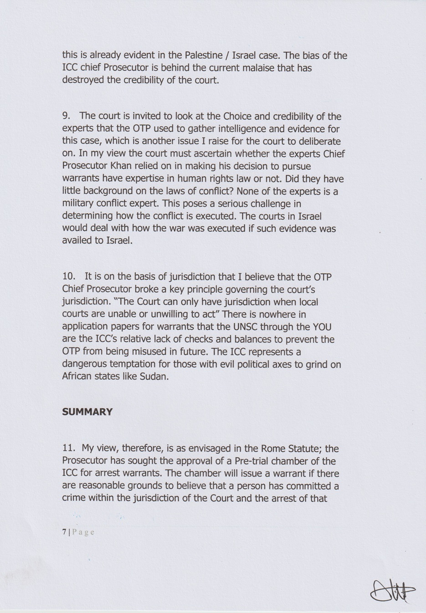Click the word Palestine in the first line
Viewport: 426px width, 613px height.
204,56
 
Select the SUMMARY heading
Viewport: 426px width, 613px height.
87,412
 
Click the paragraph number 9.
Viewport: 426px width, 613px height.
67,117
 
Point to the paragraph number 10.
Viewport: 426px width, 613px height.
69,277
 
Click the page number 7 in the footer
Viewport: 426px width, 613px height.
64,532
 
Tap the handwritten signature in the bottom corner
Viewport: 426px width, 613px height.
392,592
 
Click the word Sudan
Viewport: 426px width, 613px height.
154,377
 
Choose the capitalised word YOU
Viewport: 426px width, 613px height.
322,327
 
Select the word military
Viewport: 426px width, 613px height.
78,204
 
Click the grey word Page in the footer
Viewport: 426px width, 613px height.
83,532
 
